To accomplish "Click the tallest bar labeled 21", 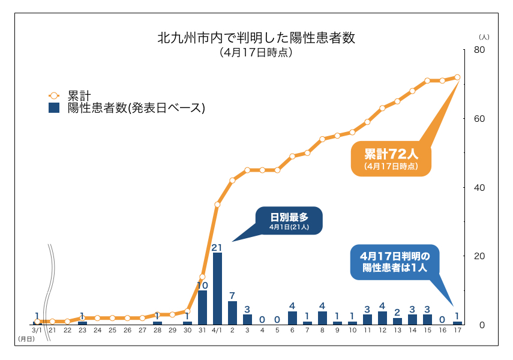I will pyautogui.click(x=217, y=288).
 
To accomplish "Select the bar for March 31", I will pyautogui.click(x=202, y=307).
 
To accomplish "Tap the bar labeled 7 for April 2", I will pyautogui.click(x=232, y=313).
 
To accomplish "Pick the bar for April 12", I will pyautogui.click(x=382, y=318).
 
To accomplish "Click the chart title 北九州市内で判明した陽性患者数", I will pyautogui.click(x=256, y=38).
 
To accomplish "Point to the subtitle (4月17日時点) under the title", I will pyautogui.click(x=256, y=52).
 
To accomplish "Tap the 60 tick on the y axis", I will pyautogui.click(x=479, y=119).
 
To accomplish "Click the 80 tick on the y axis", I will pyautogui.click(x=479, y=50).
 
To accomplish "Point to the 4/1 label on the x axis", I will pyautogui.click(x=217, y=331).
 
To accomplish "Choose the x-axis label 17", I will pyautogui.click(x=457, y=331).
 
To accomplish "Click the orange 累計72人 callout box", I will pyautogui.click(x=391, y=158).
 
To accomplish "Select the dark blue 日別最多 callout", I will pyautogui.click(x=289, y=221).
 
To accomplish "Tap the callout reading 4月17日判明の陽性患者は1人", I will pyautogui.click(x=395, y=262).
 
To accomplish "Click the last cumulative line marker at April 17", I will pyautogui.click(x=457, y=77).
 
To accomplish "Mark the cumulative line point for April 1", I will pyautogui.click(x=217, y=205).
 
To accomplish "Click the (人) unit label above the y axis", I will pyautogui.click(x=484, y=37).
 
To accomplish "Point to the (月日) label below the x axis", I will pyautogui.click(x=26, y=339).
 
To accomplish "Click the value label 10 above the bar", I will pyautogui.click(x=202, y=285).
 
